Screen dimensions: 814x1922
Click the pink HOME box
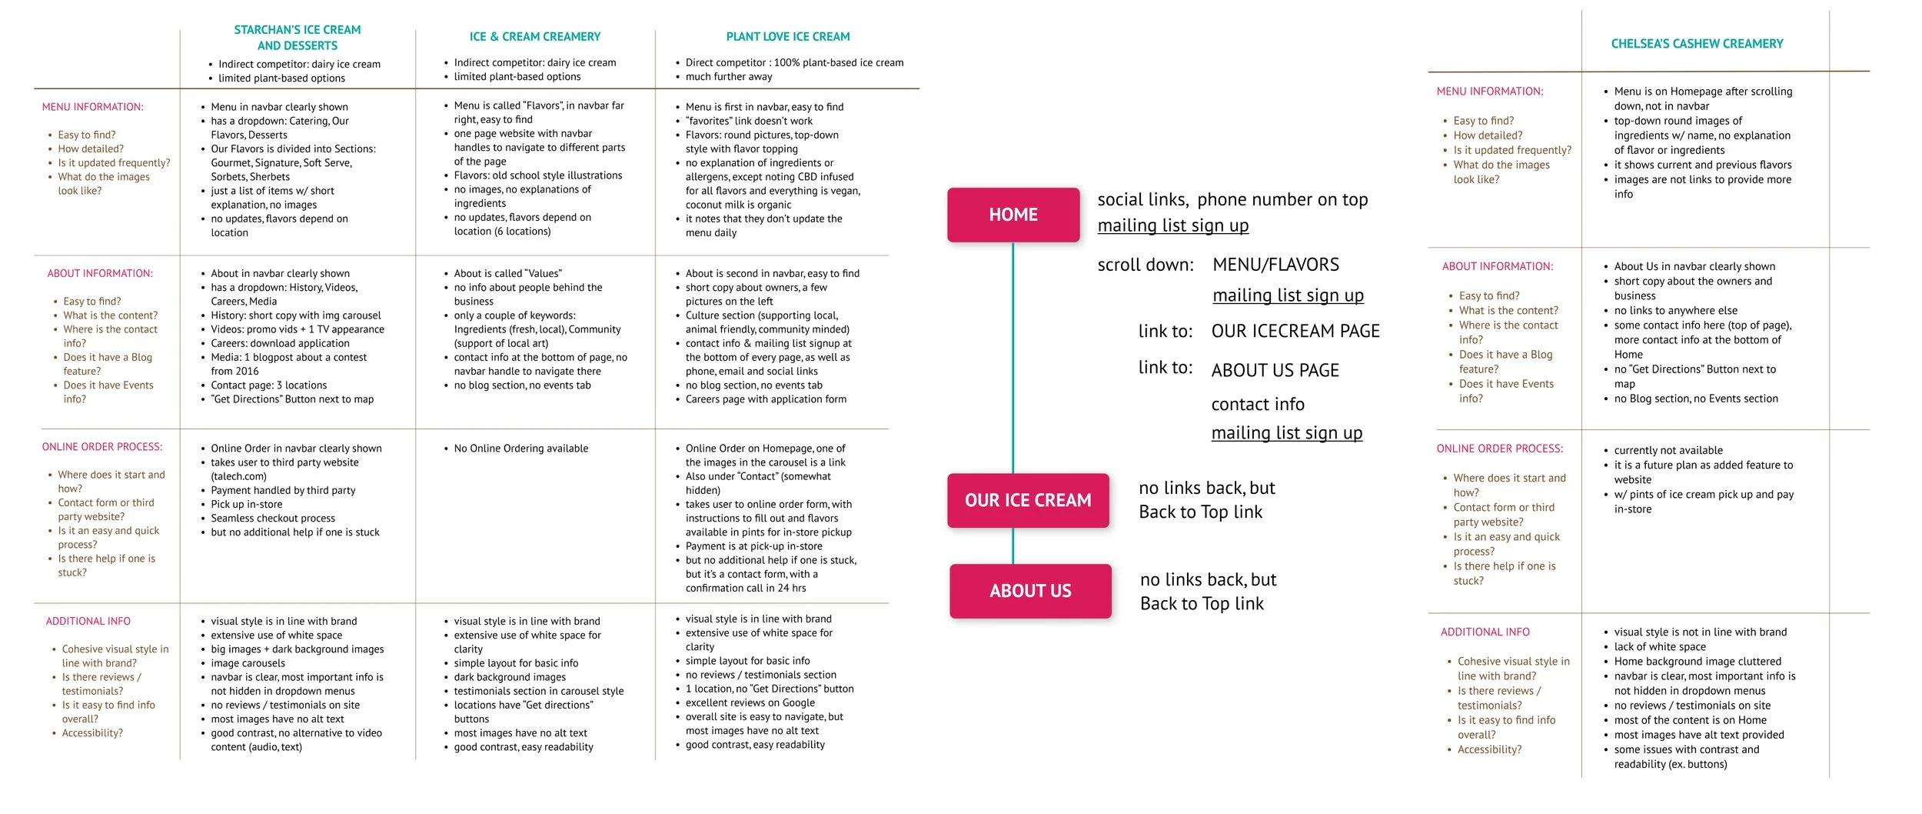pos(1013,215)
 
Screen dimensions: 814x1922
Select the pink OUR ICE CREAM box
pos(1028,500)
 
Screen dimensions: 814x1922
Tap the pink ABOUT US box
pos(1030,591)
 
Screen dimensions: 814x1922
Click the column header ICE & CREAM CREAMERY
pos(535,36)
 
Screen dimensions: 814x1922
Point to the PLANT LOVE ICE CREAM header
pos(788,36)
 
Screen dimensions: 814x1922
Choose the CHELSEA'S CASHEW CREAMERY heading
pos(1697,44)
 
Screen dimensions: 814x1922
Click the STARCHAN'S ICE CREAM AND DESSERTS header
pos(298,38)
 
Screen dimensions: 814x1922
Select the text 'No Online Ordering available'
pos(520,449)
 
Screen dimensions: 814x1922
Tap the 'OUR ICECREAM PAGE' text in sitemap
pos(1295,331)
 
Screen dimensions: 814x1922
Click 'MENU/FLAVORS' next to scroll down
pos(1275,265)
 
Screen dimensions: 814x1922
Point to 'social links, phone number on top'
pos(1232,199)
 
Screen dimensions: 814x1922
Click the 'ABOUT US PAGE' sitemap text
pos(1275,370)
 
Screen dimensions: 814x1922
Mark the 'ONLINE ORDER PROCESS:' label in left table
pos(102,447)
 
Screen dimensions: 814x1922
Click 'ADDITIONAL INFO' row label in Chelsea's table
pos(1485,632)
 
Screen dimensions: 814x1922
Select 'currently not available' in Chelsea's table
pos(1668,450)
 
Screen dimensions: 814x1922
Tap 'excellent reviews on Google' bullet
pos(750,702)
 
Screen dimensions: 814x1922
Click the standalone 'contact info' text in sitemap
pos(1258,404)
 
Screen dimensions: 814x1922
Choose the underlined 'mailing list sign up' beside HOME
pos(1172,225)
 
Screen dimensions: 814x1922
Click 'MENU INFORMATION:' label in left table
pos(92,107)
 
